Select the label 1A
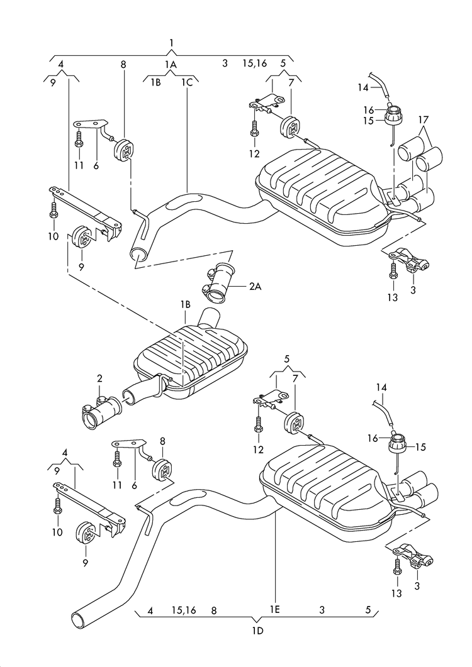pos(171,63)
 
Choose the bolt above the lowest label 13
pos(396,568)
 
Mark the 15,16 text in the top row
pos(254,63)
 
